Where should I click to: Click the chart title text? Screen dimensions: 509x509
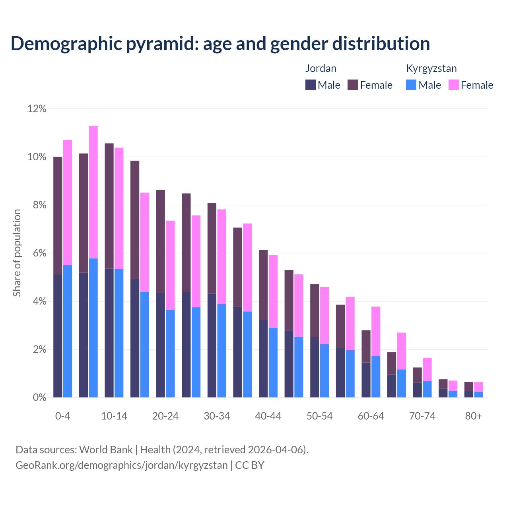click(220, 44)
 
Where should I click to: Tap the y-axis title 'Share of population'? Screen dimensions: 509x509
click(17, 253)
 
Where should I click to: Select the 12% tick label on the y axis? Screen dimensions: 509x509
click(37, 109)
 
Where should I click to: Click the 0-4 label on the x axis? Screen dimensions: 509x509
click(63, 416)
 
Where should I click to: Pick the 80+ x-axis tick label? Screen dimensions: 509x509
click(474, 416)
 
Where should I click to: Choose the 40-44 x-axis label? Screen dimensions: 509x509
click(268, 416)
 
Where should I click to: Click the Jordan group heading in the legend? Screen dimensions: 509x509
click(321, 68)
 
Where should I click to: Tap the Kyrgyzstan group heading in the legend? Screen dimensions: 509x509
click(431, 68)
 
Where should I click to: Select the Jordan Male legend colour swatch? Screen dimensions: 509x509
click(311, 85)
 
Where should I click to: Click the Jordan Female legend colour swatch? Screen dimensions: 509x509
click(353, 85)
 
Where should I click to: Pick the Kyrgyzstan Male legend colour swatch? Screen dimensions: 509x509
click(411, 85)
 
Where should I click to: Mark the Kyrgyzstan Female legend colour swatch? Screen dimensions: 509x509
click(454, 85)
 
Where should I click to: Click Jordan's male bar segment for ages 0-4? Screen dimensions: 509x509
click(58, 336)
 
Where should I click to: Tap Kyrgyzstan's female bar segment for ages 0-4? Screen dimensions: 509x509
click(68, 202)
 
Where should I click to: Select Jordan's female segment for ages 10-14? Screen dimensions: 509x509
click(109, 206)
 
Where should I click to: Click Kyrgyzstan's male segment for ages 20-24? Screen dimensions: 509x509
click(170, 354)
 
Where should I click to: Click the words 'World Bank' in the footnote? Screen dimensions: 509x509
click(106, 450)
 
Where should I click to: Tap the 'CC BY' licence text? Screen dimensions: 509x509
click(249, 465)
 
